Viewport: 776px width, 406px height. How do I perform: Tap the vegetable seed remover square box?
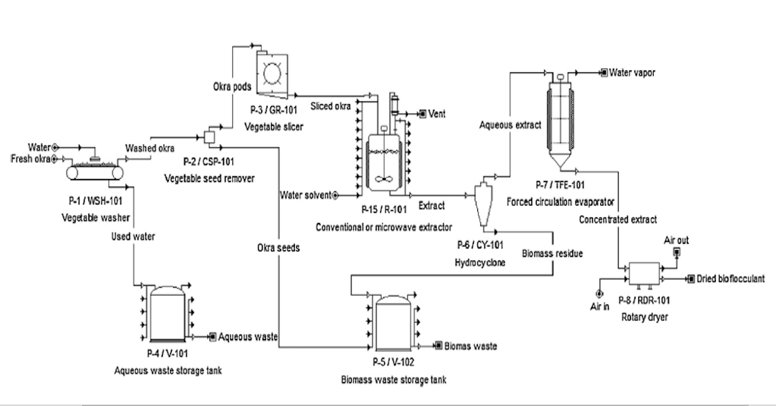pyautogui.click(x=210, y=138)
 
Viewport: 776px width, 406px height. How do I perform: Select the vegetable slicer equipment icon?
pyautogui.click(x=272, y=74)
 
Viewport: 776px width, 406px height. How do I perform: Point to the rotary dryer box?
pyautogui.click(x=644, y=273)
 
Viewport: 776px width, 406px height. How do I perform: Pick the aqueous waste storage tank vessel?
pyautogui.click(x=167, y=314)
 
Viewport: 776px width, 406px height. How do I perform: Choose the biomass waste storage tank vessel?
pyautogui.click(x=393, y=323)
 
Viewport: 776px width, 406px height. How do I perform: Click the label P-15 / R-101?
pyautogui.click(x=384, y=209)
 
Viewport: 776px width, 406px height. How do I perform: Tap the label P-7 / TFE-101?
pyautogui.click(x=560, y=185)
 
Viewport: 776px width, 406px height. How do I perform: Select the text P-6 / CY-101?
pyautogui.click(x=480, y=245)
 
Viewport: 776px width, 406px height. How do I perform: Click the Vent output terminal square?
pyautogui.click(x=423, y=114)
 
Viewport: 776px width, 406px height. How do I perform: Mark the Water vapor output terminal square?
pyautogui.click(x=604, y=73)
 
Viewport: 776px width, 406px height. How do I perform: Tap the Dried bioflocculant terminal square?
pyautogui.click(x=691, y=279)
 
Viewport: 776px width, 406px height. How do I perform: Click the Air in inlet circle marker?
pyautogui.click(x=599, y=294)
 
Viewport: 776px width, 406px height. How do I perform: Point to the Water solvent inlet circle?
pyautogui.click(x=335, y=195)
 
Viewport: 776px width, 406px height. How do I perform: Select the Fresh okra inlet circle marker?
pyautogui.click(x=54, y=159)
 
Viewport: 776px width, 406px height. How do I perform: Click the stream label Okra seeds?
pyautogui.click(x=278, y=248)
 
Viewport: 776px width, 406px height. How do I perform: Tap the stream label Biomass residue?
pyautogui.click(x=552, y=253)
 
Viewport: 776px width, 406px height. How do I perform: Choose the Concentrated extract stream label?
pyautogui.click(x=618, y=220)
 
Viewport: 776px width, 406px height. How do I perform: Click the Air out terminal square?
pyautogui.click(x=676, y=253)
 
